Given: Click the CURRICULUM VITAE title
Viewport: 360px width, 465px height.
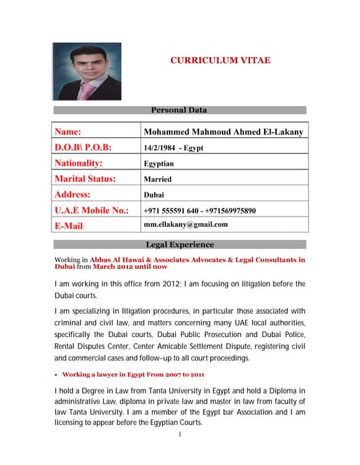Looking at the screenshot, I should click(214, 60).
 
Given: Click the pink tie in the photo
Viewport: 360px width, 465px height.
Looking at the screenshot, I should click(87, 89).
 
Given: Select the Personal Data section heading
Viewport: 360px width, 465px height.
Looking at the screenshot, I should click(178, 110).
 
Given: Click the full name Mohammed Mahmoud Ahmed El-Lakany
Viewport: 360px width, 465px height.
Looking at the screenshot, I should click(223, 132).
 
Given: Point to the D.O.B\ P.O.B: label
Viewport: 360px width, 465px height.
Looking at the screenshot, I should click(83, 147).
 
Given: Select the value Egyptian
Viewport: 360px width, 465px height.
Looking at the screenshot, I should click(159, 164).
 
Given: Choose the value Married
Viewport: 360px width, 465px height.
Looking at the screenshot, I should click(158, 179).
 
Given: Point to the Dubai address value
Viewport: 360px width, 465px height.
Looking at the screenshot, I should click(154, 195).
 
